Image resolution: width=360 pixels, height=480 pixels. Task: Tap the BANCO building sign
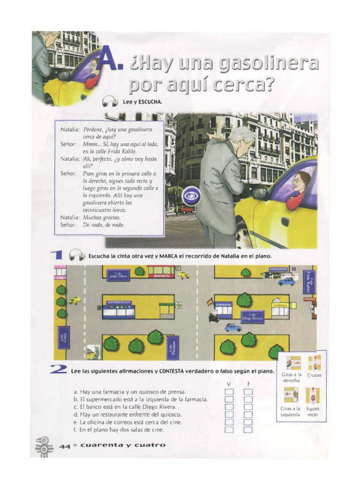(161, 276)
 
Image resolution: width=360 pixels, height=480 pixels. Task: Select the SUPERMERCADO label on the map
(119, 303)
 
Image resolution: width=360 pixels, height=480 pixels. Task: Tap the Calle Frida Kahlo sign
(308, 281)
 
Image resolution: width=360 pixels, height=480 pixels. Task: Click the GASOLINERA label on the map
(278, 270)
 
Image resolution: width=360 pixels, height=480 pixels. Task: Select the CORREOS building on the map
(279, 305)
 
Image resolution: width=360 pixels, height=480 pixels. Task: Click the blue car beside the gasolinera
(286, 281)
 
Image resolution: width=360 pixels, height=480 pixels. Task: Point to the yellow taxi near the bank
(183, 275)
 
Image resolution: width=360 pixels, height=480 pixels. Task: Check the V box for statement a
(229, 392)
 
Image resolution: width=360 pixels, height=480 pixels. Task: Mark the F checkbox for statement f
(248, 429)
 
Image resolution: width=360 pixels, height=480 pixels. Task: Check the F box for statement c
(248, 407)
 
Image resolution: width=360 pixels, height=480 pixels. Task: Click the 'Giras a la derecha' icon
(293, 363)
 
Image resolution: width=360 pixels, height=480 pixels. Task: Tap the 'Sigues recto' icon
(313, 397)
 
